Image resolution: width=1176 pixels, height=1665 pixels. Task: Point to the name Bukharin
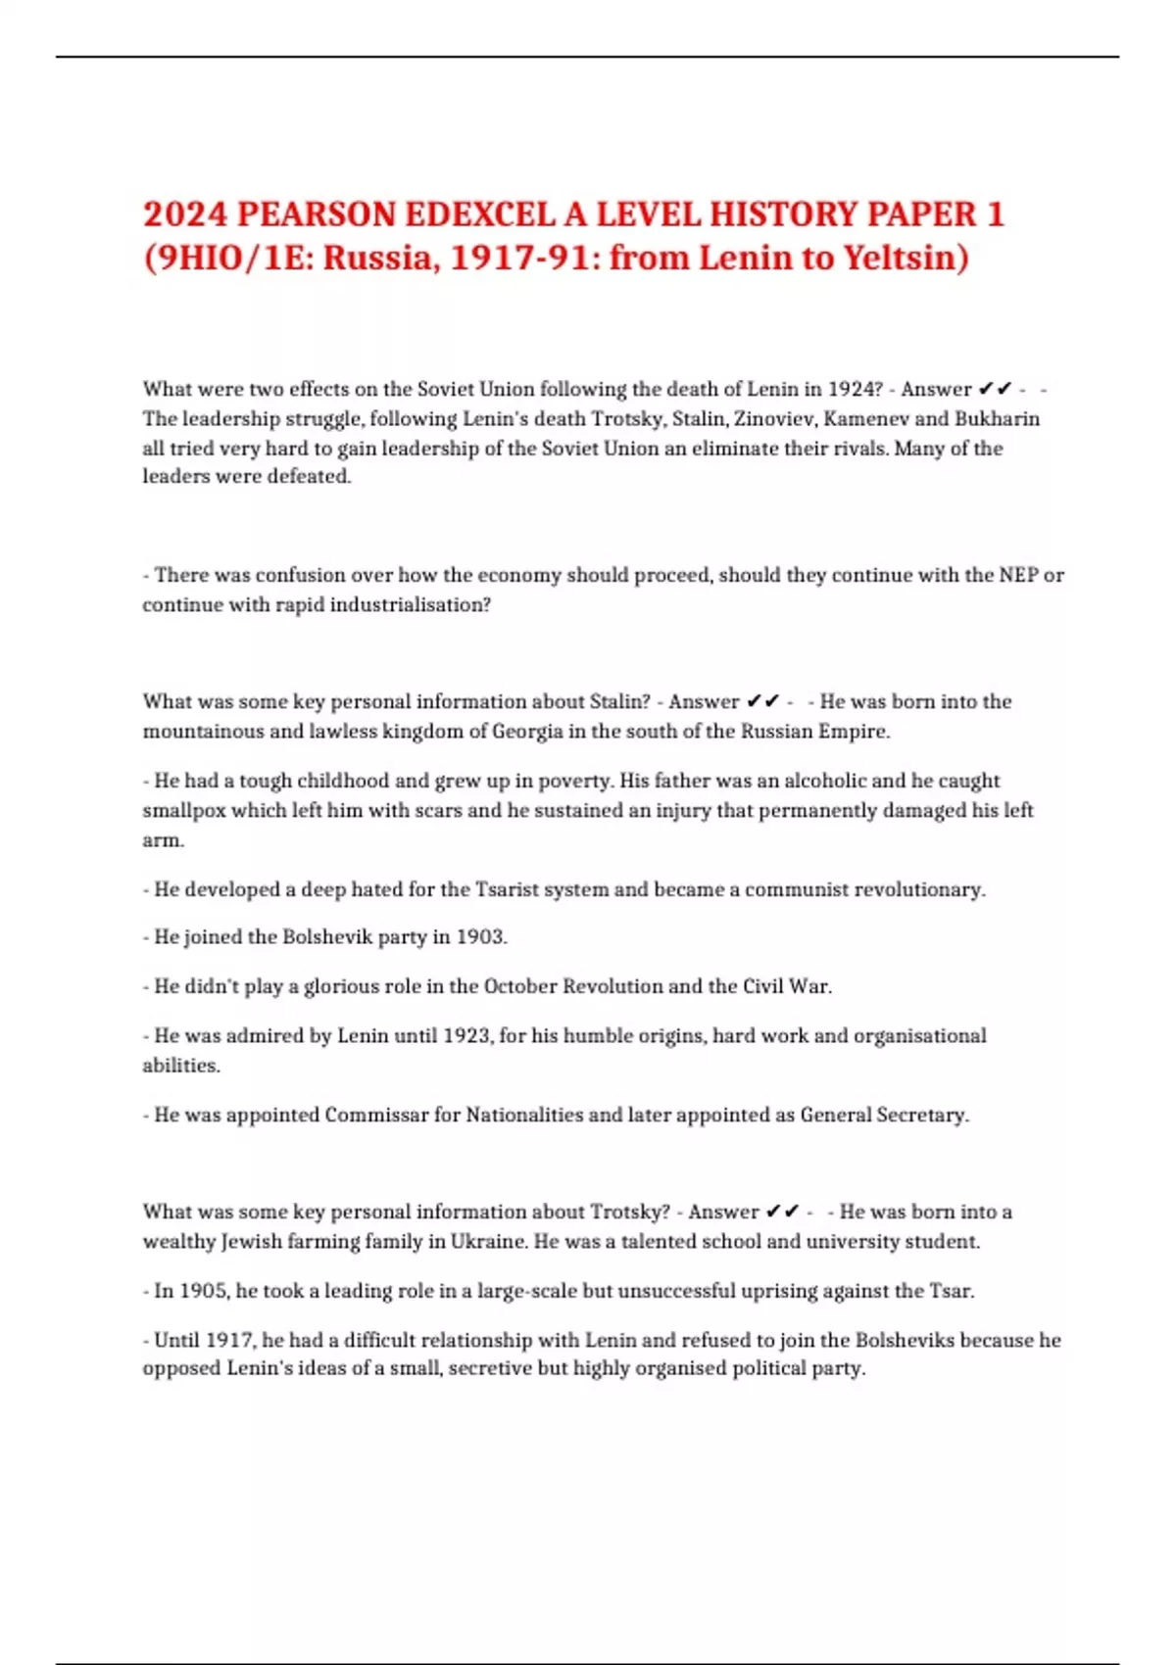[x=997, y=418]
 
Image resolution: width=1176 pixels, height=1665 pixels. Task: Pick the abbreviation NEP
[x=1017, y=575]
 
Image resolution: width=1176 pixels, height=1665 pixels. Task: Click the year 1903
[x=481, y=937]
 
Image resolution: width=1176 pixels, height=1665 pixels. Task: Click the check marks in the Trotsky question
[x=782, y=1212]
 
